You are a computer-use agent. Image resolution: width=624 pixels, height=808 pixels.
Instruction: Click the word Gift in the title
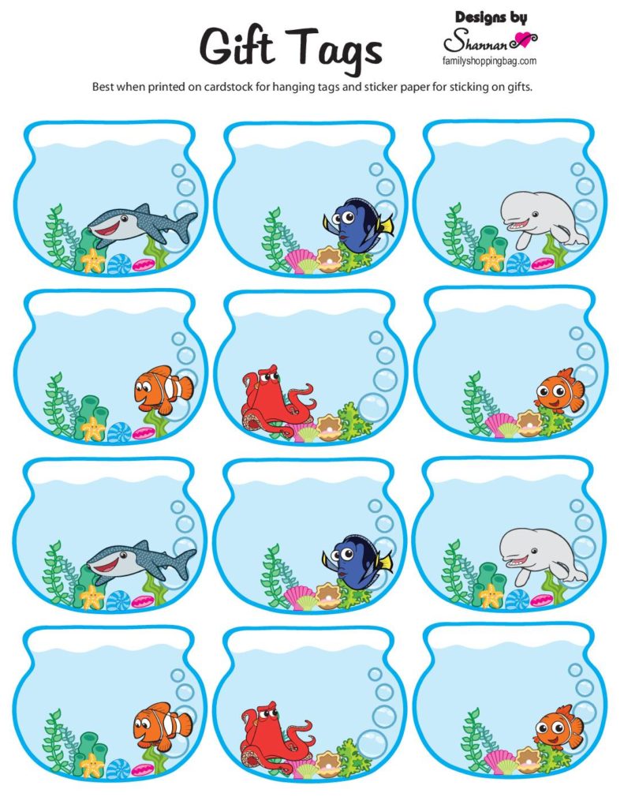pos(239,47)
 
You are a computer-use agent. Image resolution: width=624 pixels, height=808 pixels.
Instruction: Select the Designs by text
pos(491,17)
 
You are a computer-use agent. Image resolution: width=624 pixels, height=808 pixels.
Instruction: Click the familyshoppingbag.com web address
pos(490,60)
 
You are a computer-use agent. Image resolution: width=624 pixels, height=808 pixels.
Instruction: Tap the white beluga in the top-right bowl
pos(542,219)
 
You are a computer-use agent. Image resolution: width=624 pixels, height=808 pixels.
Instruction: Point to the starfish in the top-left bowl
pos(93,259)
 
